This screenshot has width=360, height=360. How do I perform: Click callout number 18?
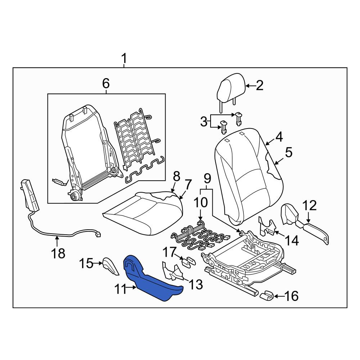[58, 254]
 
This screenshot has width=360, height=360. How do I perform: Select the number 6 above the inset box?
[106, 84]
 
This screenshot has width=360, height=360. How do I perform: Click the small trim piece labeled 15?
[110, 266]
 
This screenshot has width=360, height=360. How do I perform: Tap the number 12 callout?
[310, 206]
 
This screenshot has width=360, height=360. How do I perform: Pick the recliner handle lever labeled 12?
[305, 225]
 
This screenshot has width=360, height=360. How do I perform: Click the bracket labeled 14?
[267, 226]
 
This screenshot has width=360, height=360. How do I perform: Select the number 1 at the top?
[124, 59]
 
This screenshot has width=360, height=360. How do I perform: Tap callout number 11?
[121, 289]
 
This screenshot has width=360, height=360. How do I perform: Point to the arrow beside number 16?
[279, 296]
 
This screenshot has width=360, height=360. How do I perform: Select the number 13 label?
[195, 285]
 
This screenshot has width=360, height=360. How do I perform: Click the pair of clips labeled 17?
[189, 262]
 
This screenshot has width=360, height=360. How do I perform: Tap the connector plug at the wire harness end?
[98, 235]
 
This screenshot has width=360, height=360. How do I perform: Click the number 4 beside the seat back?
[279, 137]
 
